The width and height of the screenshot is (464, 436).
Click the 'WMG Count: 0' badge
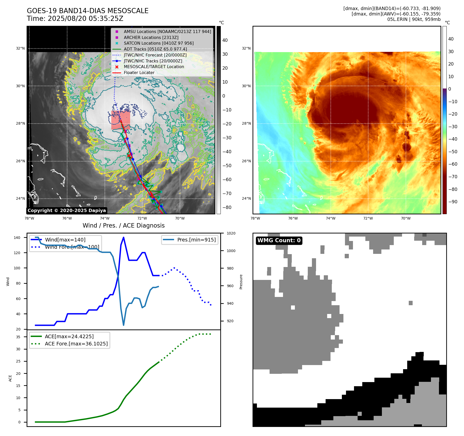tap(279, 240)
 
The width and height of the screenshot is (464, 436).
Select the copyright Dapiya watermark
tap(67, 211)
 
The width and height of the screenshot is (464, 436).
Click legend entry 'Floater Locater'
tap(139, 73)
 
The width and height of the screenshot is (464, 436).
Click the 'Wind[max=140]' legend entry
tap(65, 240)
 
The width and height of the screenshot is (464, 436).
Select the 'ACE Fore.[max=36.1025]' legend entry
tap(76, 344)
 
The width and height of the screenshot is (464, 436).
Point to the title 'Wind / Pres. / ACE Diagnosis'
tap(123, 225)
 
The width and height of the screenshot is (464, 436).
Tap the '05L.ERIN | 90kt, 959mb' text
tap(414, 19)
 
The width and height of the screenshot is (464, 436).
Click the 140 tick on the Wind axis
tap(17, 238)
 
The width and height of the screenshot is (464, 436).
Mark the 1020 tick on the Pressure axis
tap(231, 233)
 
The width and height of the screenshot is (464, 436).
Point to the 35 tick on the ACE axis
tap(18, 337)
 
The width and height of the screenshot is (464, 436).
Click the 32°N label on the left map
tap(20, 48)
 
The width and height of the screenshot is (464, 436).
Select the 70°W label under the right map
tap(405, 218)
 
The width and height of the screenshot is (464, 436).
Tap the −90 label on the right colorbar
tap(452, 202)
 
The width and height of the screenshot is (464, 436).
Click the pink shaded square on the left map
tap(121, 120)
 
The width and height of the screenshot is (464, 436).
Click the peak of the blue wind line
tap(123, 237)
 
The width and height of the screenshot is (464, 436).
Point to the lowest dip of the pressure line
tap(123, 325)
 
